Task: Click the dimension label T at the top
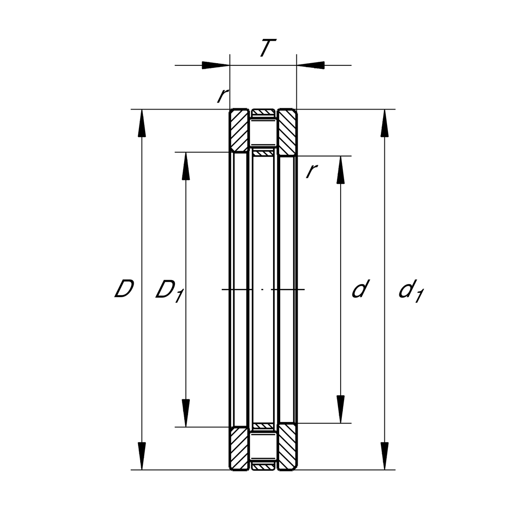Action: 268,48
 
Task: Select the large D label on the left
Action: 124,288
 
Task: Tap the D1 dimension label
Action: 169,291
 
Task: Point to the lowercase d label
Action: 360,288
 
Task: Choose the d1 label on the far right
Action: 411,291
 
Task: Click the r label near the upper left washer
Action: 223,96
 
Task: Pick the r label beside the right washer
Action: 312,171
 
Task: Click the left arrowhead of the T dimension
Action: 216,65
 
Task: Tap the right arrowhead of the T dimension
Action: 310,65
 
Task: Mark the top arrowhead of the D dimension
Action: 142,123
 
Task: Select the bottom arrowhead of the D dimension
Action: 142,456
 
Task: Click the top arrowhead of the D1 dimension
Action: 186,166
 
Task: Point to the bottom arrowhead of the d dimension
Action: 341,409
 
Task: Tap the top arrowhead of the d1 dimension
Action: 384,123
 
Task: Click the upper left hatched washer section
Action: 239,131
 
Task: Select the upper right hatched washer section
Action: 287,132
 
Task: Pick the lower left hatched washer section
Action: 239,448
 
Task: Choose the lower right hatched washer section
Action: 287,447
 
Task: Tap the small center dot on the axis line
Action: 262,289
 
